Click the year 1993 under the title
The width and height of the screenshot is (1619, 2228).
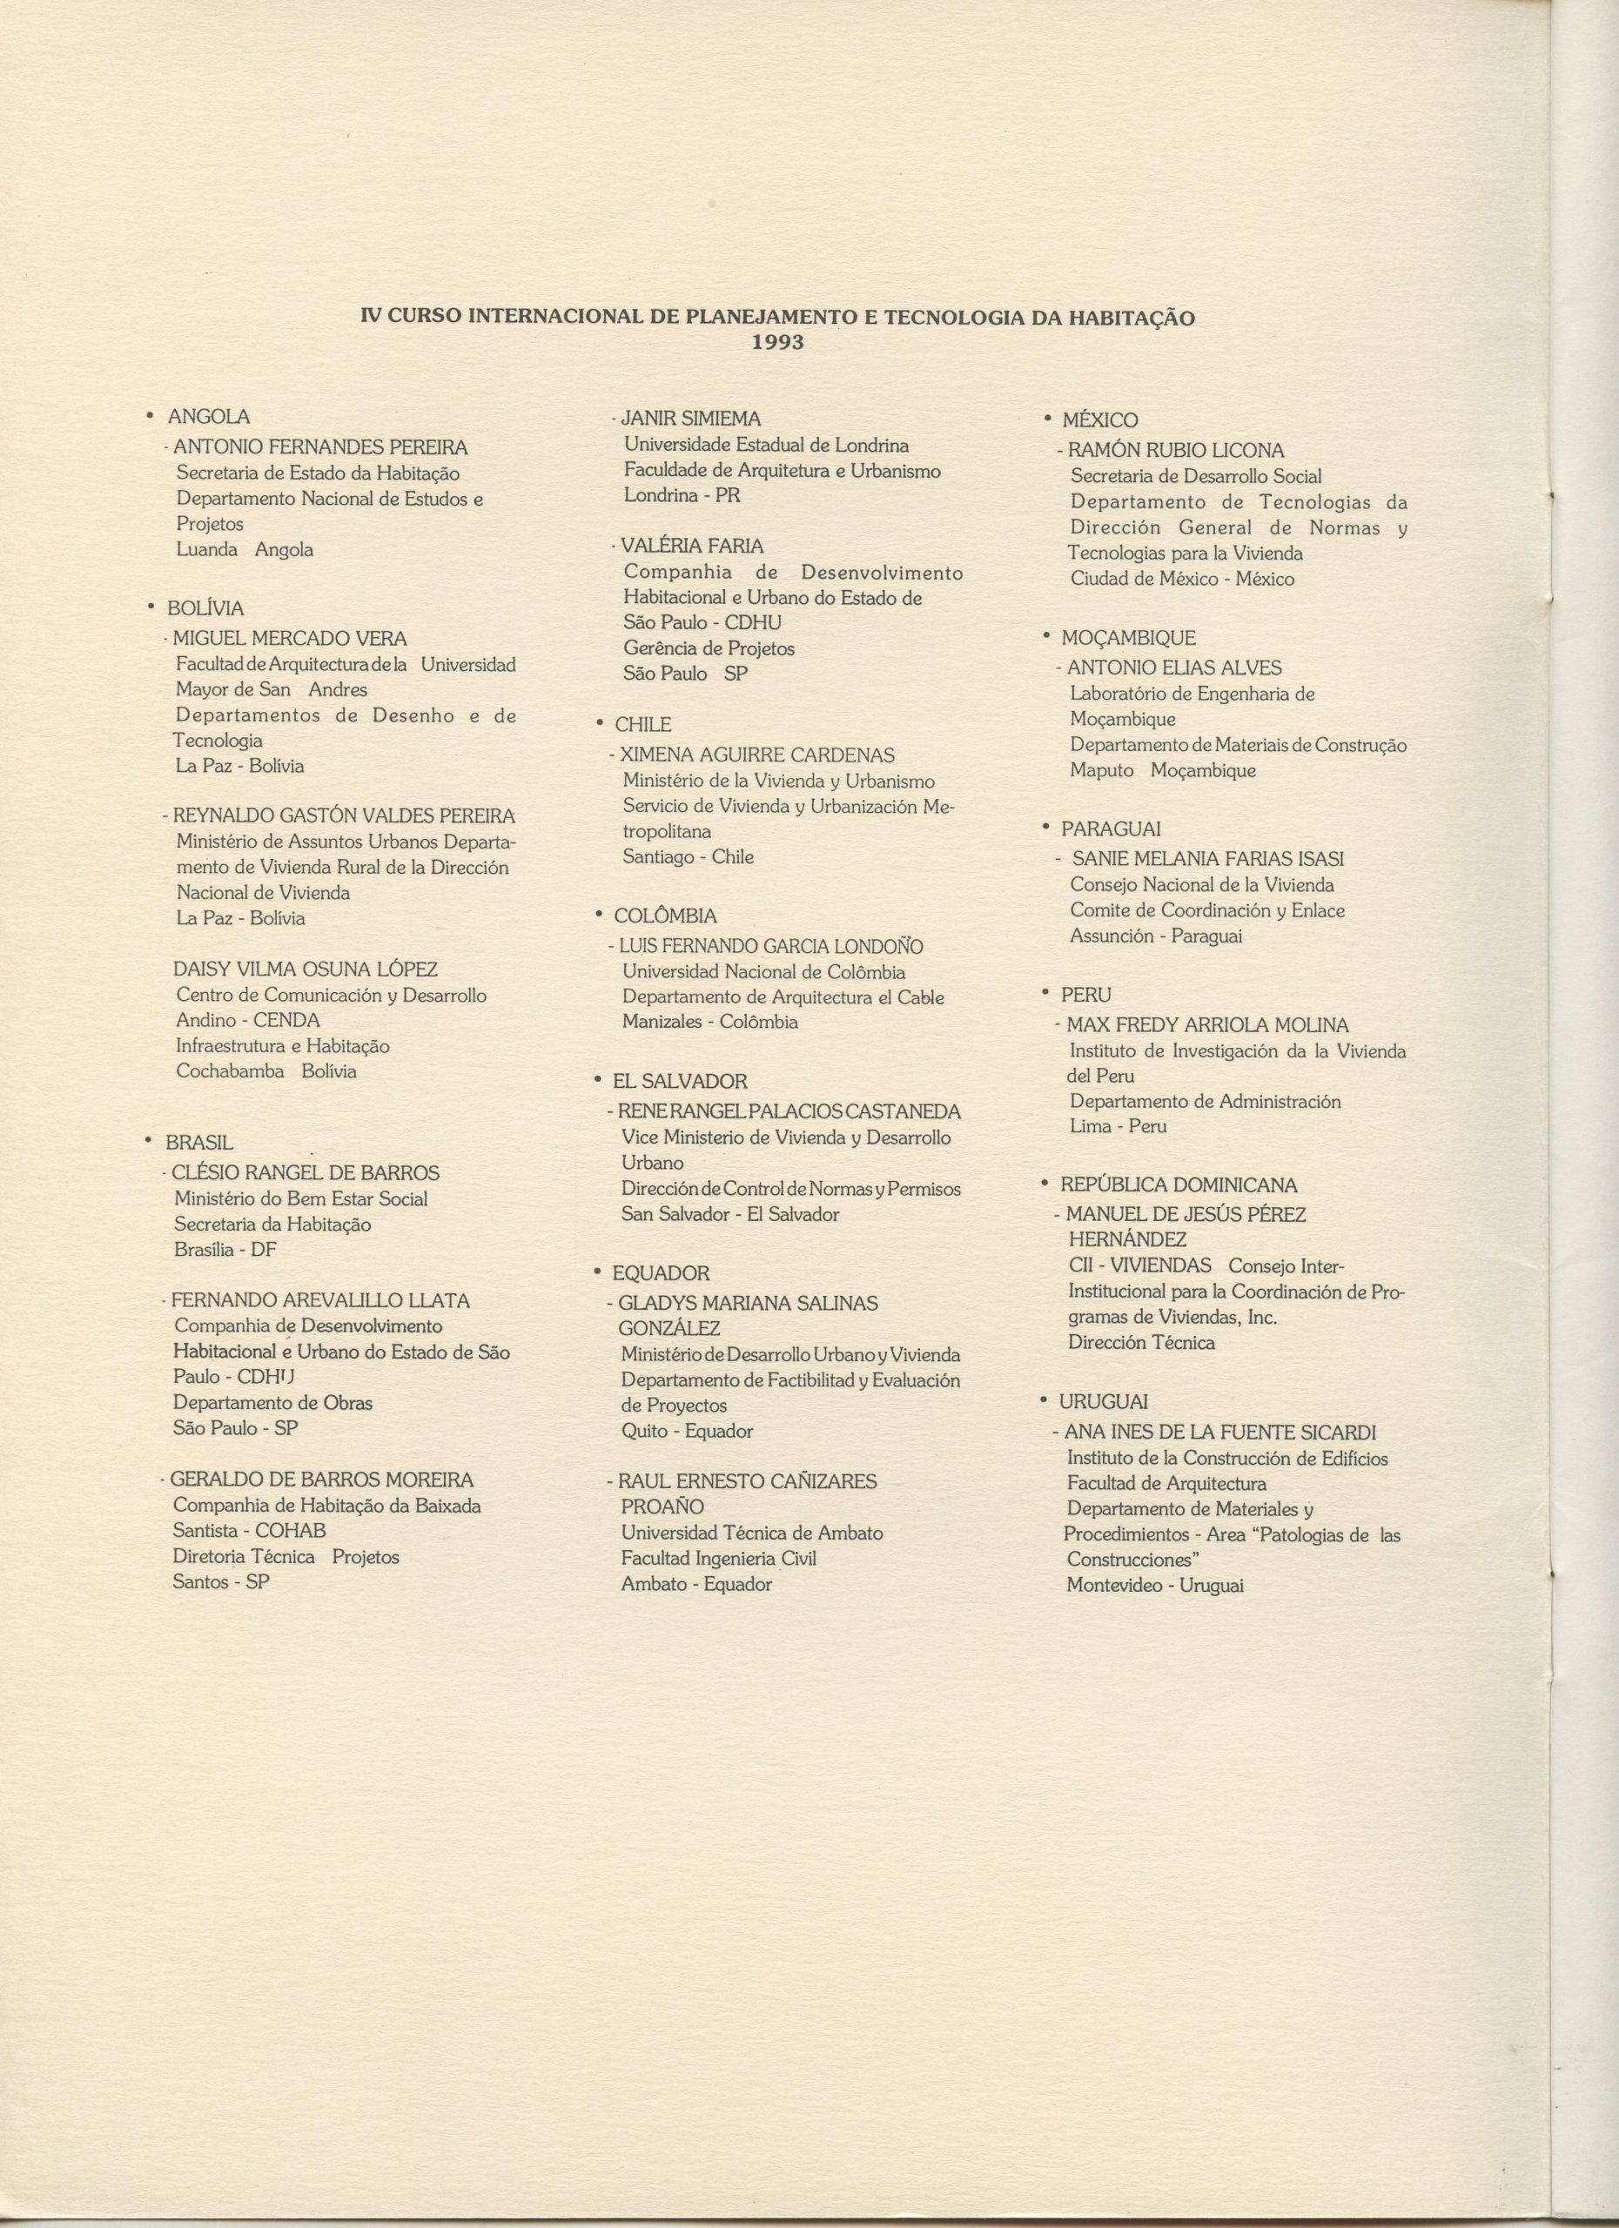[x=777, y=343]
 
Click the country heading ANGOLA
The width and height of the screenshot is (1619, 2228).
[x=208, y=417]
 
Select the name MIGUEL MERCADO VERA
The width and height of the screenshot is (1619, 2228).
[x=289, y=639]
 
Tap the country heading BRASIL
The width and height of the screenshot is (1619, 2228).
[x=199, y=1143]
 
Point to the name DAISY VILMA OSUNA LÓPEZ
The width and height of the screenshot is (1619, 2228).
[x=306, y=970]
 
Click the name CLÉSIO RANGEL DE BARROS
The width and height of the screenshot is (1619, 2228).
[x=305, y=1173]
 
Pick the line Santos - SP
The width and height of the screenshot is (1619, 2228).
[x=221, y=1581]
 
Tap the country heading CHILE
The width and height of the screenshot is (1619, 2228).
[x=642, y=725]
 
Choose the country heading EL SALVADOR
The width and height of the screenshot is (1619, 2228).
[x=680, y=1082]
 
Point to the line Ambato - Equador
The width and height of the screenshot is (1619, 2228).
[x=696, y=1584]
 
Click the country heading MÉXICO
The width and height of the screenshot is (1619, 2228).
[x=1099, y=420]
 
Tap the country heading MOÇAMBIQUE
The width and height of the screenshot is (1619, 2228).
[x=1128, y=639]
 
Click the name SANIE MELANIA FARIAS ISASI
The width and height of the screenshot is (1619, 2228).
[x=1207, y=860]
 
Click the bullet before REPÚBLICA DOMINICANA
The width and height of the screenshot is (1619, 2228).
[x=1045, y=1184]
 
